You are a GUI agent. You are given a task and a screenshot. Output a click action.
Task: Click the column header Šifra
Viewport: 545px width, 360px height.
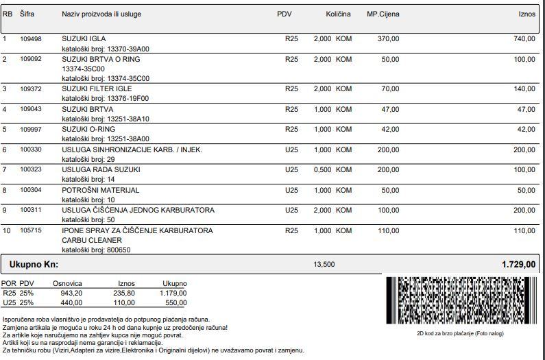[x=27, y=14]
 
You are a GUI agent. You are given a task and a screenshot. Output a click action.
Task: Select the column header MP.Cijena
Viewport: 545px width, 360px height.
[x=383, y=14]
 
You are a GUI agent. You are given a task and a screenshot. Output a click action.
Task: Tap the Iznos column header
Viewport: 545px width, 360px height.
[x=526, y=14]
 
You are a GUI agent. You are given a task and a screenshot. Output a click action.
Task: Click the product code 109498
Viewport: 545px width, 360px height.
[x=31, y=39]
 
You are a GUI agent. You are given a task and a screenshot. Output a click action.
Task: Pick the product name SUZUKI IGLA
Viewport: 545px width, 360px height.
[x=84, y=39]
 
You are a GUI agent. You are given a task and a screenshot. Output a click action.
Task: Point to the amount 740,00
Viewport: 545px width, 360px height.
[x=524, y=39]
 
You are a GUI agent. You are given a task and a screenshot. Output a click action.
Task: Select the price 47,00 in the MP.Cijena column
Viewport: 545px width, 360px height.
[x=389, y=109]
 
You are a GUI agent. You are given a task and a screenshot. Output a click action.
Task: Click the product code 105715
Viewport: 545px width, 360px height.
[x=31, y=230]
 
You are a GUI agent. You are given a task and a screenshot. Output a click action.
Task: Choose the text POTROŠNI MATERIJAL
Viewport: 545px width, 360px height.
[x=100, y=190]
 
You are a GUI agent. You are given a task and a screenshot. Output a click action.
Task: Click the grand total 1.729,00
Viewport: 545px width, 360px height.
[x=519, y=264]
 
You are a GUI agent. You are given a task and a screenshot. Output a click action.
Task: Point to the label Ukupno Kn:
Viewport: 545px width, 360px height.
[x=34, y=264]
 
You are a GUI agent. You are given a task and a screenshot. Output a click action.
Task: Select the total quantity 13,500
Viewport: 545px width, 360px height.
[x=324, y=264]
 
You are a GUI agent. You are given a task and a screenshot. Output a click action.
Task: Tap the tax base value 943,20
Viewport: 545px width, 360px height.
[x=71, y=293]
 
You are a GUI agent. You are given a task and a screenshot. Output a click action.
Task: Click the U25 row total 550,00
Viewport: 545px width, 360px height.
[x=175, y=302]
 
